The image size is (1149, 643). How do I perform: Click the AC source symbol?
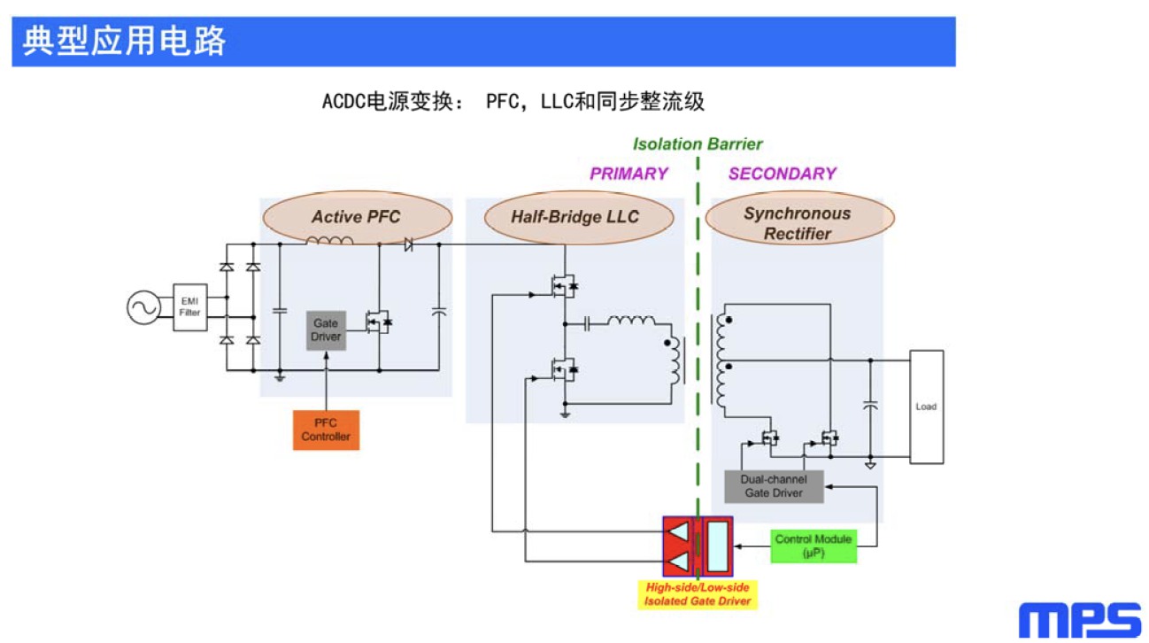[x=143, y=308]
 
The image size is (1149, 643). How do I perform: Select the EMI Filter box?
[x=189, y=307]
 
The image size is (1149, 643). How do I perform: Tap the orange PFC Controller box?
[x=326, y=430]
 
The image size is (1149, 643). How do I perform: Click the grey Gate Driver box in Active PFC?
[x=326, y=330]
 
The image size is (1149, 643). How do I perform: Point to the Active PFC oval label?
[x=356, y=217]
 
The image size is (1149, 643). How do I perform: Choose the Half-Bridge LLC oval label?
[x=574, y=217]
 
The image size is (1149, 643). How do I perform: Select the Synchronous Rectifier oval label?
[x=798, y=223]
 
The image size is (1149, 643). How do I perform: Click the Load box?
[x=926, y=407]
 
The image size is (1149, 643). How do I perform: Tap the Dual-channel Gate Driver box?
[x=774, y=486]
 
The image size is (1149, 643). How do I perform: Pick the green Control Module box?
[x=814, y=546]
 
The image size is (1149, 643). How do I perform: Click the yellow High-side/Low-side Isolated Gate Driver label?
[x=698, y=594]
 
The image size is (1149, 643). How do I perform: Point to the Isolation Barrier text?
[x=698, y=144]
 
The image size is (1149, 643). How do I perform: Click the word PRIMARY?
[x=628, y=174]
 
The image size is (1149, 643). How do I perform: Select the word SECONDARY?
[x=782, y=174]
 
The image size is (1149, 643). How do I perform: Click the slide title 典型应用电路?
[x=125, y=42]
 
